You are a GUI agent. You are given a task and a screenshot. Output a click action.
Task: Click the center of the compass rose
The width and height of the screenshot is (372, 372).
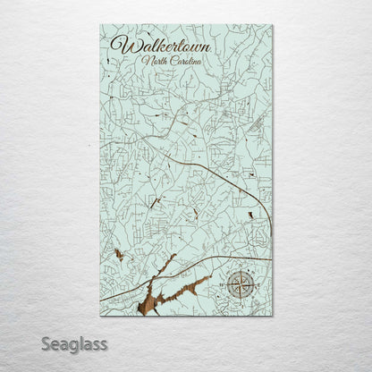239,285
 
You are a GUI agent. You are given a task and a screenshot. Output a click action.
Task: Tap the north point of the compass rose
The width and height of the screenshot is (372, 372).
239,268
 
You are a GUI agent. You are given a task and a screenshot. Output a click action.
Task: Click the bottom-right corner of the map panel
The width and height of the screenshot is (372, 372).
273,320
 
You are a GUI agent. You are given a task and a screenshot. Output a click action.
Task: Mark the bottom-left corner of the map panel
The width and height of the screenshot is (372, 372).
98,320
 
